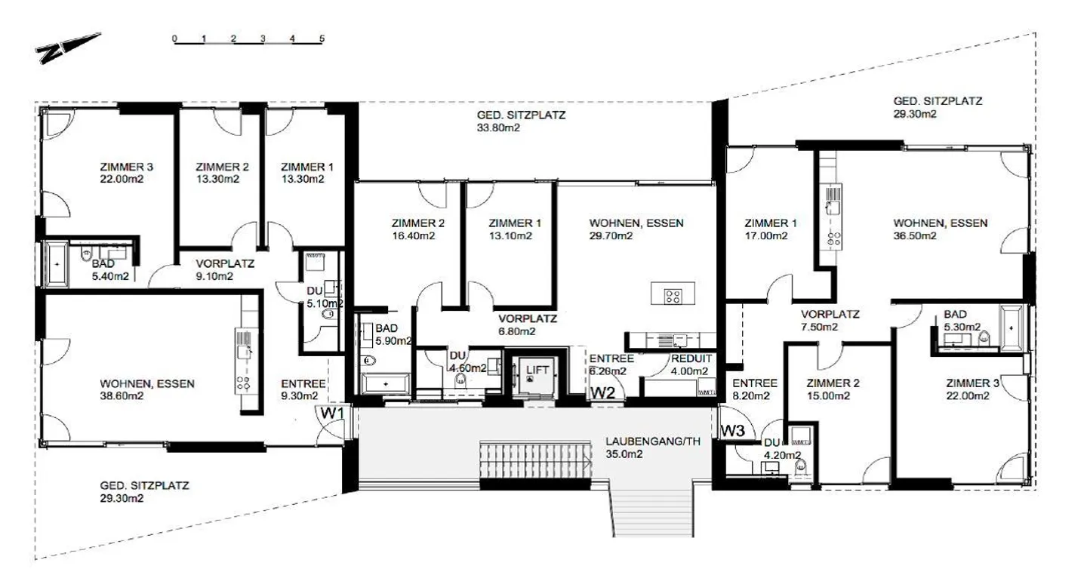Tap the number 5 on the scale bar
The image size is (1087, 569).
coord(322,38)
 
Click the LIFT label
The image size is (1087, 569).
coord(537,370)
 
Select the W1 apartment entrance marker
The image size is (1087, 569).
coord(332,414)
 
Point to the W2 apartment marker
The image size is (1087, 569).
coord(602,392)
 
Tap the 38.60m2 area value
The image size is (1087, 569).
coord(122,395)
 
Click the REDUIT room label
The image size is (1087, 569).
coord(688,358)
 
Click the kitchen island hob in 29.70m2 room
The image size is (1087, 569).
coord(669,296)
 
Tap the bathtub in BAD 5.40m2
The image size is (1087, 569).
coord(57,265)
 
